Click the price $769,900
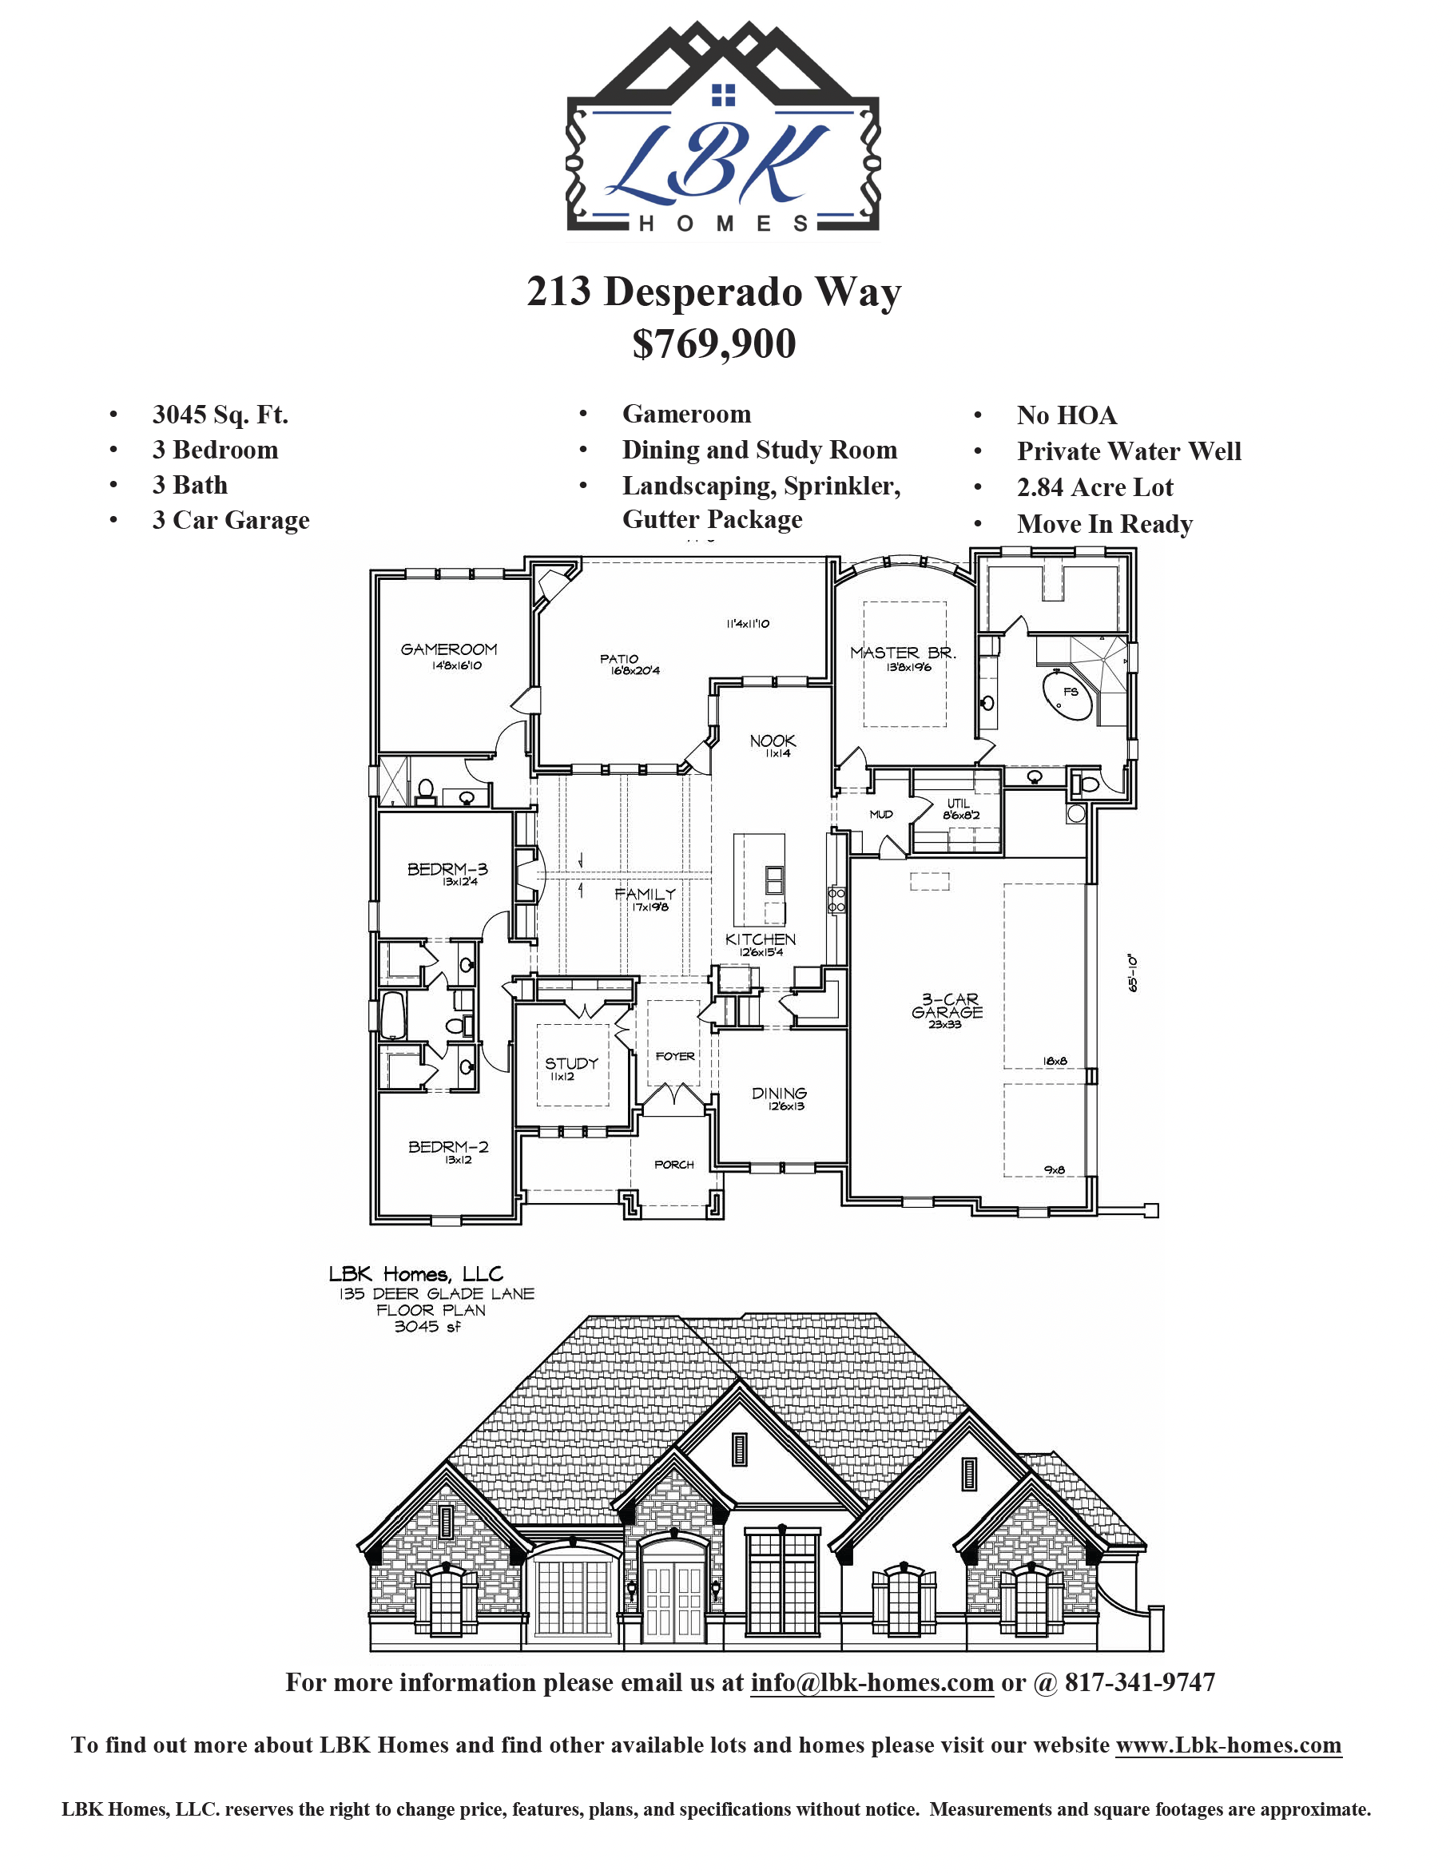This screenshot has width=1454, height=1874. coord(714,344)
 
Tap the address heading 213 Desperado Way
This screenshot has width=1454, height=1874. coord(714,292)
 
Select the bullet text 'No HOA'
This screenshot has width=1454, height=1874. coord(1067,415)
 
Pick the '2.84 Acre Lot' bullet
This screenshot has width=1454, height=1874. coord(1094,487)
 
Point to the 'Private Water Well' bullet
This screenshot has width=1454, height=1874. coord(1129,451)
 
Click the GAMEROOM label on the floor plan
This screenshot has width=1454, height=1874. coord(449,649)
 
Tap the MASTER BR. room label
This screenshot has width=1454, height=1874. coord(903,653)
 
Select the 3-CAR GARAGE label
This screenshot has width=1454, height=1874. coord(947,1006)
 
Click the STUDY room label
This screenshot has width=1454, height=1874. coord(572,1063)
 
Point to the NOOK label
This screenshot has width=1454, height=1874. coord(773,740)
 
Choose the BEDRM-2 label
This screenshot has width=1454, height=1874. coord(448,1147)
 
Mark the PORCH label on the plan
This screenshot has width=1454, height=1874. coord(673,1165)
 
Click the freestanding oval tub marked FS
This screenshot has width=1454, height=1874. coord(1068,696)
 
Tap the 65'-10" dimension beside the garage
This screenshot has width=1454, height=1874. coord(1133,973)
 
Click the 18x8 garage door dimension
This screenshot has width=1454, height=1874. coord(1055,1062)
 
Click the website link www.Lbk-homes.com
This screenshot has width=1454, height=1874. coord(1228,1745)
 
